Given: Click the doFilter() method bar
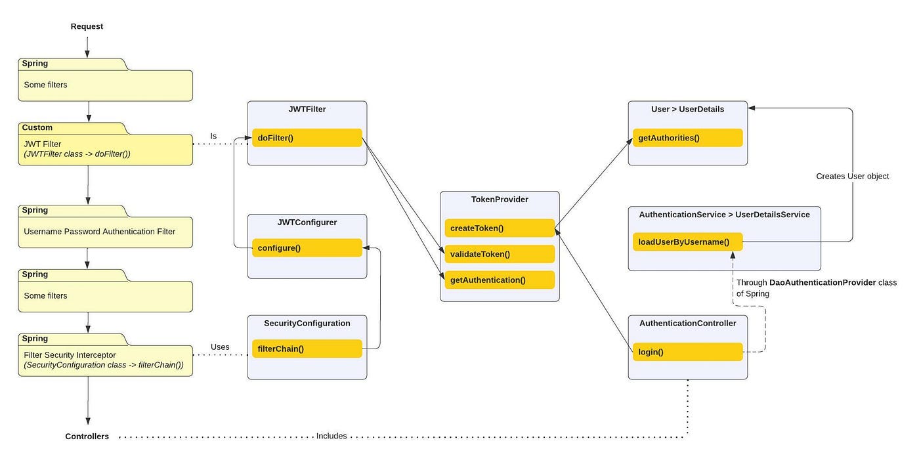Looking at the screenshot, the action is (x=307, y=138).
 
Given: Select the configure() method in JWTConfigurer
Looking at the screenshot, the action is (x=307, y=247).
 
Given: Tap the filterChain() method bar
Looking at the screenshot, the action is (x=307, y=349).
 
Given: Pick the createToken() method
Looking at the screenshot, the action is (x=500, y=228).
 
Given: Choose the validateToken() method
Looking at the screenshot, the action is (x=500, y=254).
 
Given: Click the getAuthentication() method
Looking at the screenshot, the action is (x=500, y=280).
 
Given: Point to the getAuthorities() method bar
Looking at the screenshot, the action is (x=688, y=138).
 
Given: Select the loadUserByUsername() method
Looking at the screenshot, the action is (x=688, y=242).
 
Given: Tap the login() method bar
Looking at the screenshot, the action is (x=688, y=352).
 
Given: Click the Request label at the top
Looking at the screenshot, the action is (x=87, y=26).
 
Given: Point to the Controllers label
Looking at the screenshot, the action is (x=87, y=436).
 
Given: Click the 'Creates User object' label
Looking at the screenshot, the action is (x=853, y=177).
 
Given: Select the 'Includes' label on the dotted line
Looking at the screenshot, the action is (x=331, y=436).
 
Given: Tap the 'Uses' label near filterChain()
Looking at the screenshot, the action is (x=220, y=347).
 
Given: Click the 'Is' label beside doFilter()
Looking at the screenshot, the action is (x=213, y=136).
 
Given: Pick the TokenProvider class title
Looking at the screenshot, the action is (x=500, y=200).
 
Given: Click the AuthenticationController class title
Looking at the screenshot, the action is (x=688, y=323).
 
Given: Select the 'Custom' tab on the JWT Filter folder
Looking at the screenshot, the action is (x=37, y=127).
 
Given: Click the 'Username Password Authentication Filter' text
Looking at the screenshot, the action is (x=100, y=231).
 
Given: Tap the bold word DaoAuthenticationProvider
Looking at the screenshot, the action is (x=823, y=283).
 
